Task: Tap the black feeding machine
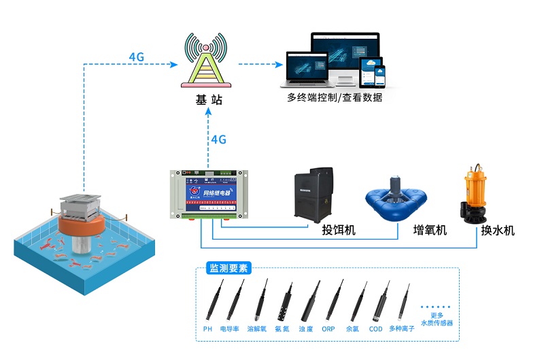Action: pos(313,195)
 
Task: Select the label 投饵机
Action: pos(339,231)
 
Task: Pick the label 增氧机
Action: pos(430,231)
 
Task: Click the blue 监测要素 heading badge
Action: pos(228,268)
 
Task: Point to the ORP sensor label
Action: pos(328,329)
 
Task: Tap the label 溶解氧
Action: pos(256,329)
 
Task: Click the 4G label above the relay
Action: pos(218,140)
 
